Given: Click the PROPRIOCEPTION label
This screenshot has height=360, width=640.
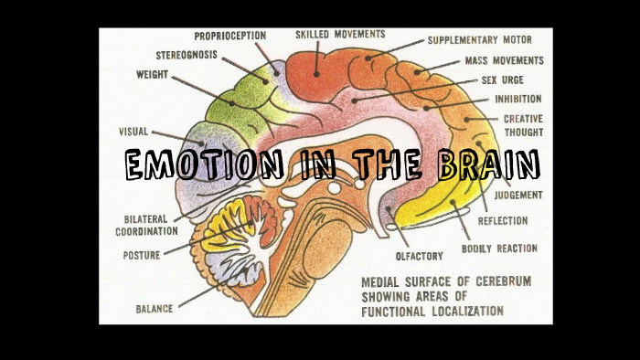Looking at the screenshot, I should [230, 36].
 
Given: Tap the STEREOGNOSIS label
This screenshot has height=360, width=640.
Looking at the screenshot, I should [187, 55].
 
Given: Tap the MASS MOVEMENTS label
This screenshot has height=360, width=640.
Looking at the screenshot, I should [504, 61].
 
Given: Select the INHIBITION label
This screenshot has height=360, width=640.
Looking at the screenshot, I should [518, 99].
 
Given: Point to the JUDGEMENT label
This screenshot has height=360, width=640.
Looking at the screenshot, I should [518, 195].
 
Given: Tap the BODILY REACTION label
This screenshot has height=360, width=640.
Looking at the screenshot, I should [499, 248].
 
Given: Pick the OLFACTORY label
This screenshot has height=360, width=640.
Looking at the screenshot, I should [419, 255].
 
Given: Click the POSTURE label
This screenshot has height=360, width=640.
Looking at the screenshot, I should [142, 255].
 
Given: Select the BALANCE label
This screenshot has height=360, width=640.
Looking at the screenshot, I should [155, 309].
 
